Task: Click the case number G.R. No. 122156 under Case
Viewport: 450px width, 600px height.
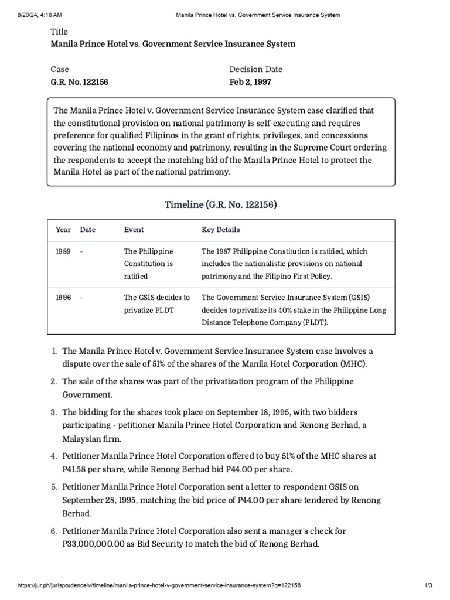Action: pos(79,82)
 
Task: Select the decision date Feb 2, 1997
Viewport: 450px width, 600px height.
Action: pos(250,82)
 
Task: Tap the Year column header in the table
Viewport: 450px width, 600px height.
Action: pos(63,230)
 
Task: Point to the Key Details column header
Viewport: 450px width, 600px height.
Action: pos(220,230)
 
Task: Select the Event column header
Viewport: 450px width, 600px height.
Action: pos(134,230)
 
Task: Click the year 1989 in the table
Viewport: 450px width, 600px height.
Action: pos(63,251)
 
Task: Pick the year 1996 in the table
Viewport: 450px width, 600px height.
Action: pos(63,298)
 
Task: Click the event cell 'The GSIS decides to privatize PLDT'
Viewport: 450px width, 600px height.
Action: pos(156,304)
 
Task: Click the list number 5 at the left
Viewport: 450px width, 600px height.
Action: pos(53,487)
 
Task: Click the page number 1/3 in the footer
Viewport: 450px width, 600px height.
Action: pos(428,585)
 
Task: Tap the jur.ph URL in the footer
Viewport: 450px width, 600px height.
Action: pos(159,585)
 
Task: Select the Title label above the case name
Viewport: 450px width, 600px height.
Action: pos(59,32)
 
